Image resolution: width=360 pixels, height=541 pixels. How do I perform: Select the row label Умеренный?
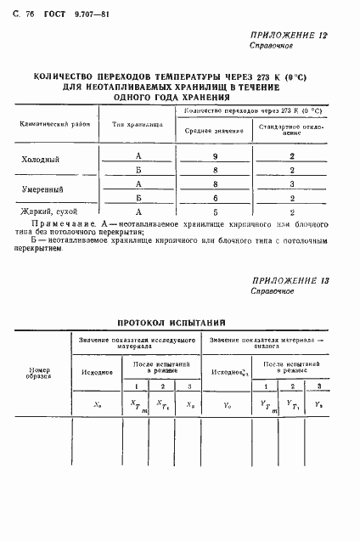pos(42,189)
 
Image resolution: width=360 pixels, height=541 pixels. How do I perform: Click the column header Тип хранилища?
pos(138,124)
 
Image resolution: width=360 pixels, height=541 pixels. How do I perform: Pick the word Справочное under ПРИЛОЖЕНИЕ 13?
pos(272,291)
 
